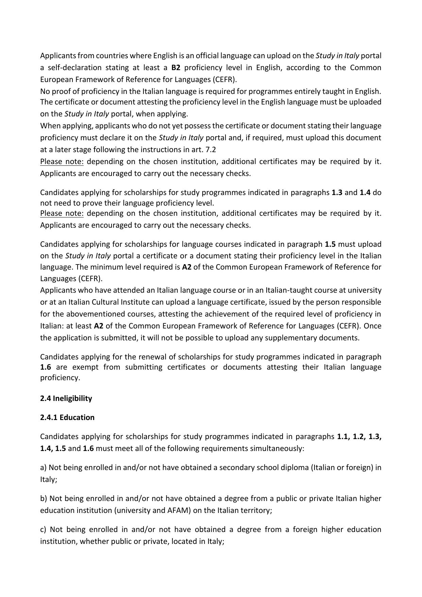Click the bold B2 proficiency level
(x=175, y=67)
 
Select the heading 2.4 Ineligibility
(x=66, y=398)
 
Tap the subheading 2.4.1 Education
(x=67, y=417)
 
